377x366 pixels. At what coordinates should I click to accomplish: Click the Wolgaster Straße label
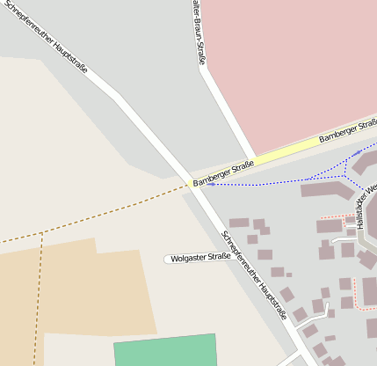click(x=200, y=258)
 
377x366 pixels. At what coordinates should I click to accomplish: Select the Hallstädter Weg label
click(x=371, y=206)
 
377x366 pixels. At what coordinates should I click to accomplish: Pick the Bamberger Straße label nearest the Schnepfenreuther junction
click(x=223, y=172)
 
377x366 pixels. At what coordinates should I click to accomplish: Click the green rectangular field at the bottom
click(x=165, y=351)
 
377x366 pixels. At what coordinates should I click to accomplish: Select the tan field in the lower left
click(x=70, y=290)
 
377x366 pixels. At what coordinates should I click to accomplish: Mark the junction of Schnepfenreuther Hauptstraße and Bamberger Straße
click(x=192, y=183)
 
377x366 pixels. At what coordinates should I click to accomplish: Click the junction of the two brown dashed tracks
click(x=41, y=233)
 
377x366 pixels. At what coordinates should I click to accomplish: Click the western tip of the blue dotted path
click(x=207, y=184)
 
